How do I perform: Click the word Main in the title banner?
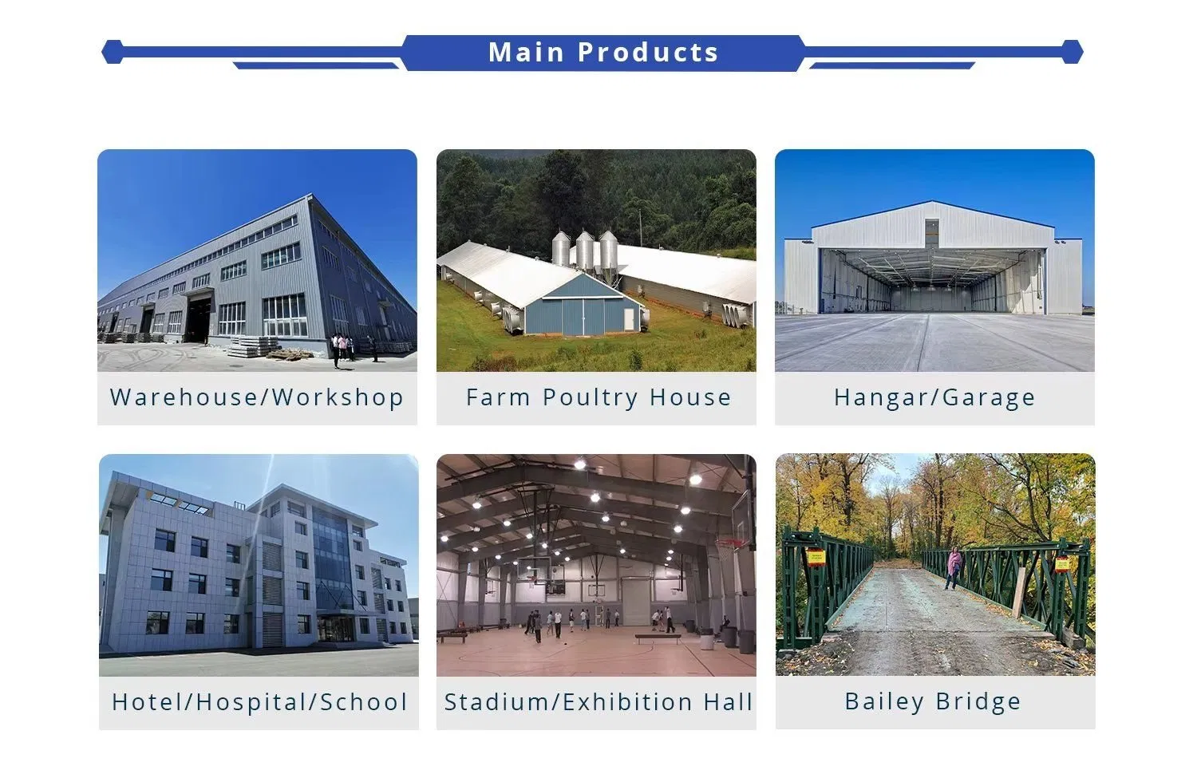(527, 53)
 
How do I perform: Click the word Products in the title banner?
(648, 53)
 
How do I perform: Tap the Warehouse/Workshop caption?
(257, 397)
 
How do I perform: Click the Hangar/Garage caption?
(934, 397)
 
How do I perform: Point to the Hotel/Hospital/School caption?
(259, 702)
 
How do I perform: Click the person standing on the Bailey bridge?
(954, 567)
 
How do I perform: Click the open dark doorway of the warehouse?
(198, 318)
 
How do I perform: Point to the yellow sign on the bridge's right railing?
(1062, 563)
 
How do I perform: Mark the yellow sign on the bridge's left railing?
(816, 556)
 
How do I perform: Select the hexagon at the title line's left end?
(113, 52)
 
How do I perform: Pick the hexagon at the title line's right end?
(1072, 53)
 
